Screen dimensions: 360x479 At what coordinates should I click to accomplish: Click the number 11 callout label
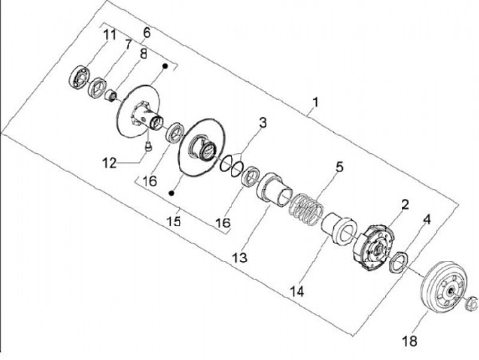pos(109,35)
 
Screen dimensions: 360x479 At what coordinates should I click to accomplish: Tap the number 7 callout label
pos(128,45)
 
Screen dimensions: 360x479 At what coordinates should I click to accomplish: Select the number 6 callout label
pos(146,32)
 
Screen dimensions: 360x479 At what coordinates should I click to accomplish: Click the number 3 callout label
pos(262,123)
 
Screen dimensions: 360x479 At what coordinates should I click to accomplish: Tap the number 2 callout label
pos(404,204)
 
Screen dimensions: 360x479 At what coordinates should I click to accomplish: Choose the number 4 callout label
pos(427,218)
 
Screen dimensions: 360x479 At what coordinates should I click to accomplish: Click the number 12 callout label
pos(110,162)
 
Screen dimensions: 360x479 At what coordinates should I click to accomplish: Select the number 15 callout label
pos(174,221)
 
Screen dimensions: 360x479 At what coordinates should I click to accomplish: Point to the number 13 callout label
pos(238,257)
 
